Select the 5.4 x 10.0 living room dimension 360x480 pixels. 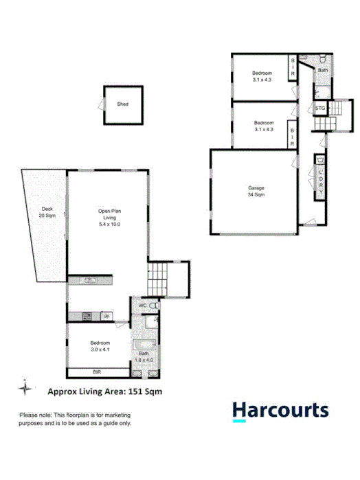(106, 224)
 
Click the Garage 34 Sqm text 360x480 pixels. (256, 192)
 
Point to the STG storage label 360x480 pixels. (320, 108)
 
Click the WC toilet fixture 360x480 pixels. (154, 304)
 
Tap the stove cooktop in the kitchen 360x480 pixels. (87, 316)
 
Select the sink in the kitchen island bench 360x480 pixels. (89, 279)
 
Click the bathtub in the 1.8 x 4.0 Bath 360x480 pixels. (146, 345)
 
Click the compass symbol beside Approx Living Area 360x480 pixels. (25, 389)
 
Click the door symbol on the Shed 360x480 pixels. (101, 105)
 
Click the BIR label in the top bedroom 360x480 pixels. (293, 67)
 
